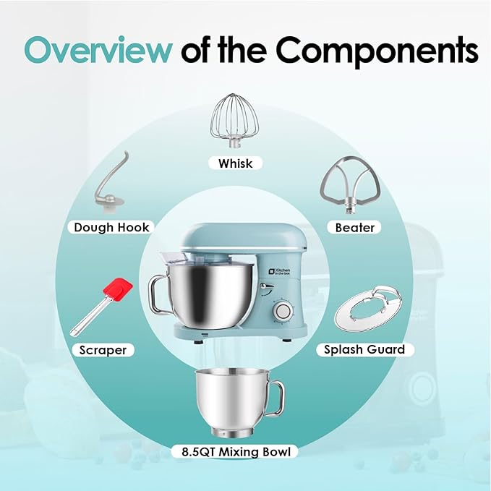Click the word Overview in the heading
(98, 50)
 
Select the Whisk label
(235, 163)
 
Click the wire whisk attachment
(235, 121)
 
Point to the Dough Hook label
(111, 227)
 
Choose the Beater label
(354, 228)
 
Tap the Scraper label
(103, 350)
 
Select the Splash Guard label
(364, 349)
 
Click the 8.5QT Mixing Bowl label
(236, 452)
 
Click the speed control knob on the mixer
(283, 311)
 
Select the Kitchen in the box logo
(280, 271)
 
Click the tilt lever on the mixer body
(267, 286)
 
